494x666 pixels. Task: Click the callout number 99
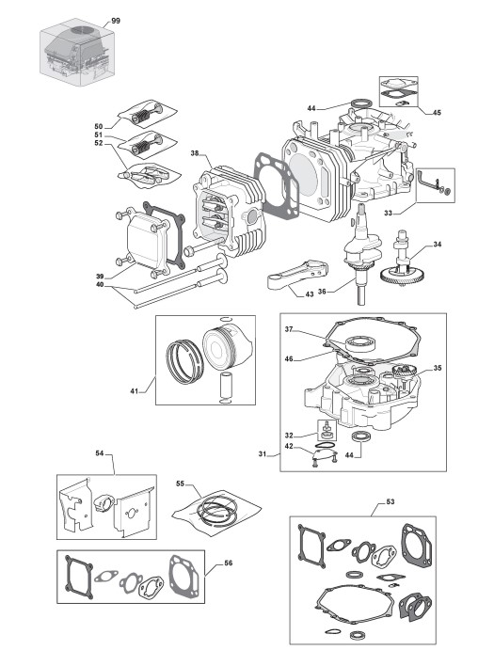coord(116,21)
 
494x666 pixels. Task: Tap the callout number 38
coord(195,153)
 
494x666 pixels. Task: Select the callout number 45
coord(437,113)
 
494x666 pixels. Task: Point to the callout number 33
coord(388,213)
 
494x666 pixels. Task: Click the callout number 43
coord(310,293)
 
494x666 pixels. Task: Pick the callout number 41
coord(135,390)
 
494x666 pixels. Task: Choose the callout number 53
coord(390,501)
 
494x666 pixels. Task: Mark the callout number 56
coord(229,563)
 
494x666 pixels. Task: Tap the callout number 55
coord(180,484)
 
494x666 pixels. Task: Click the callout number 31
coord(263,454)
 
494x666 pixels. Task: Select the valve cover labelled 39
coord(147,239)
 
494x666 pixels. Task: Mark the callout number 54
coord(99,453)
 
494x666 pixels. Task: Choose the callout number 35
coord(438,368)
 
